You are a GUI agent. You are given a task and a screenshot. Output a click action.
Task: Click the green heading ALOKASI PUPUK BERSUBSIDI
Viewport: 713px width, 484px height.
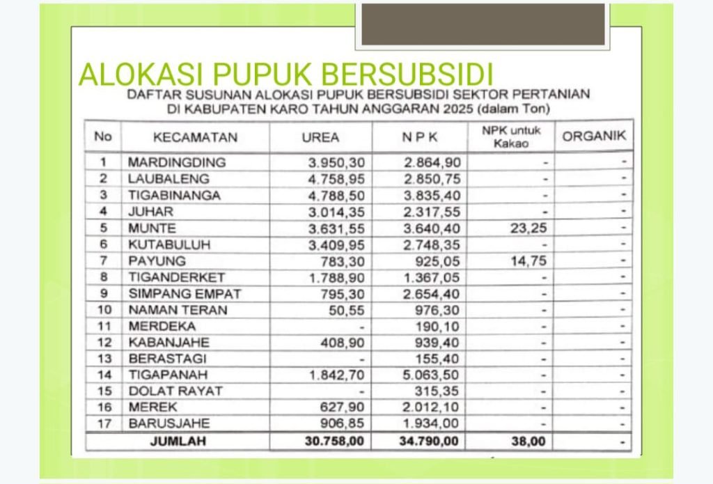(286, 75)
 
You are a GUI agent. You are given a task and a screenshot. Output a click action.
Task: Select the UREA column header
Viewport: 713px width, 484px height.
(320, 137)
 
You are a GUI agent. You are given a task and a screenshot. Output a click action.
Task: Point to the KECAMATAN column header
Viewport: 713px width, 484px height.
(195, 137)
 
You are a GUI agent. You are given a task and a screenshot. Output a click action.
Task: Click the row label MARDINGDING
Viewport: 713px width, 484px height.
(177, 162)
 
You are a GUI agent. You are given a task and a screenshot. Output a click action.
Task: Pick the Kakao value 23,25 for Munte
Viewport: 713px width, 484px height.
(529, 228)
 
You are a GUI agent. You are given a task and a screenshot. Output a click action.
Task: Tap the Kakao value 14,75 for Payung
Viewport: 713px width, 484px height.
(529, 261)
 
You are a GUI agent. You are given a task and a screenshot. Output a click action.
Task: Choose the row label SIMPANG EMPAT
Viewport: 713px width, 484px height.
(185, 294)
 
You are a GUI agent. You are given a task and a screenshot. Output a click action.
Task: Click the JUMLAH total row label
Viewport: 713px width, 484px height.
(178, 441)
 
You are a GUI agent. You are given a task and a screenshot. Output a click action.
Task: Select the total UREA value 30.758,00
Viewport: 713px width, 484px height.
(334, 441)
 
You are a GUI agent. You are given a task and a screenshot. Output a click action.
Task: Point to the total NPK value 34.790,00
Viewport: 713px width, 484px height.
(427, 441)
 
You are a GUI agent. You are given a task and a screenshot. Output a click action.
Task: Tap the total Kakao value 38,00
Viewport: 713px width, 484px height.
(528, 441)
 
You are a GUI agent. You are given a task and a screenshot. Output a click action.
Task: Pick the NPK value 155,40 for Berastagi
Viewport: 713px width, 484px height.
(439, 359)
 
